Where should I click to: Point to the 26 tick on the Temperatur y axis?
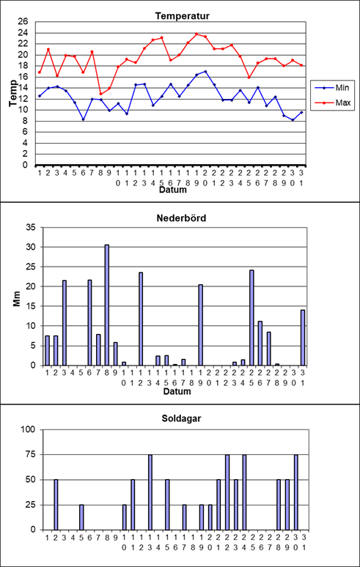tap(23, 22)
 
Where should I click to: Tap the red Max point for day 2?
tap(48, 49)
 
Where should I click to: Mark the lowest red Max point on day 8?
tap(100, 94)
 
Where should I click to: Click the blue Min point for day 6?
tap(83, 119)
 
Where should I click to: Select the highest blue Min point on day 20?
tap(205, 71)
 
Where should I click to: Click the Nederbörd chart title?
tap(177, 218)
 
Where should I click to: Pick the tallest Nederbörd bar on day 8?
tap(107, 305)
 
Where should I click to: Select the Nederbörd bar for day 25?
tap(251, 317)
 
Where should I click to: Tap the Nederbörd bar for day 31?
tap(303, 338)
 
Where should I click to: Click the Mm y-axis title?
tap(17, 300)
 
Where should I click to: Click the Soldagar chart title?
tap(177, 420)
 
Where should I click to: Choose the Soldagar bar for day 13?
tap(150, 492)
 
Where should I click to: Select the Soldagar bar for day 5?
tap(81, 517)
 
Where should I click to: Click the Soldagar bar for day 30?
tap(296, 492)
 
